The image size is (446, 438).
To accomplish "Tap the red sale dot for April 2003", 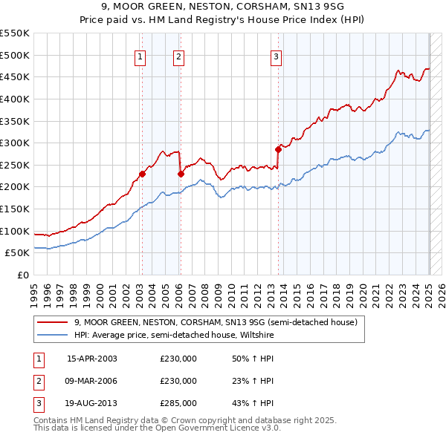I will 141,174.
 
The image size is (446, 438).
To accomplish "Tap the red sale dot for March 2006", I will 181,174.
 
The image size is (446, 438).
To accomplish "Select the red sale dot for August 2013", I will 278,149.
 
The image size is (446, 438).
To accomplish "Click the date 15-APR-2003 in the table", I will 92,359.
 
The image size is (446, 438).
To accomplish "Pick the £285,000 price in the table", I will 178,403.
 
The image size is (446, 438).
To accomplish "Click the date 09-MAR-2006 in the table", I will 92,381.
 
